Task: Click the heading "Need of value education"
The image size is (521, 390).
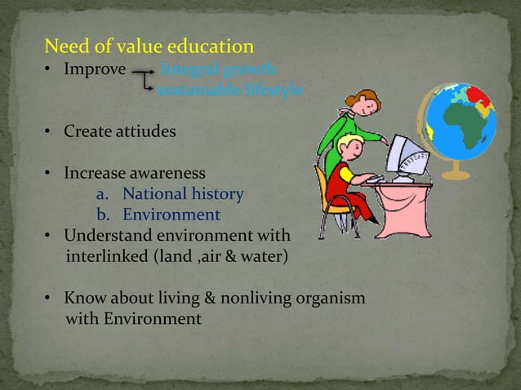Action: [149, 46]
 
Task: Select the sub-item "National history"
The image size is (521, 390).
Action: [182, 194]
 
